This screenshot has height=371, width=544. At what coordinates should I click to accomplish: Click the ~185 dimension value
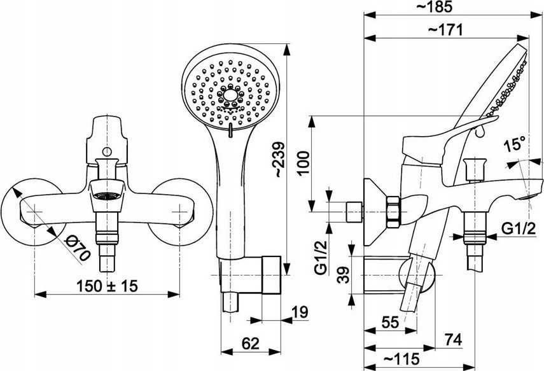438,6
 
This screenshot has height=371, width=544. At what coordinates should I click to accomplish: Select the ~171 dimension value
445,30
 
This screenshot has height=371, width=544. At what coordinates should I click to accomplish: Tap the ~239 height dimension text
279,160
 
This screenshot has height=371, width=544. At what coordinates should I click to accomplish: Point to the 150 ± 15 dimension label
107,286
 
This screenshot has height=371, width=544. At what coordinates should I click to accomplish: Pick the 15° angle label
515,144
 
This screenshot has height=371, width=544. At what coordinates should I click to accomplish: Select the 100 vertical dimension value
303,164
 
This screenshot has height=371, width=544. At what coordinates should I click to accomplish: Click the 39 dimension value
344,275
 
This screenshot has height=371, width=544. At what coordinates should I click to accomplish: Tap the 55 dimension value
390,323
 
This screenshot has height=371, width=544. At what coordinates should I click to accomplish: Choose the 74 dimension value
454,340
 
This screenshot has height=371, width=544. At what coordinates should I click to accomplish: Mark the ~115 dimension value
402,358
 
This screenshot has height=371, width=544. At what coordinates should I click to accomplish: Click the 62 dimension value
251,344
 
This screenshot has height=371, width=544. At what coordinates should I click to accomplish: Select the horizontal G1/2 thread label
519,228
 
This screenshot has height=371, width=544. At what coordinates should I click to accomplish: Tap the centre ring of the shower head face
230,94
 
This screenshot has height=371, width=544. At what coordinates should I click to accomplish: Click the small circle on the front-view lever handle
107,151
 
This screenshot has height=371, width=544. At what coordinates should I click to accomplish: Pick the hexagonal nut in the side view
393,212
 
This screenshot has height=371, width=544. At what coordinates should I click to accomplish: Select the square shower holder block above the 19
271,275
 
